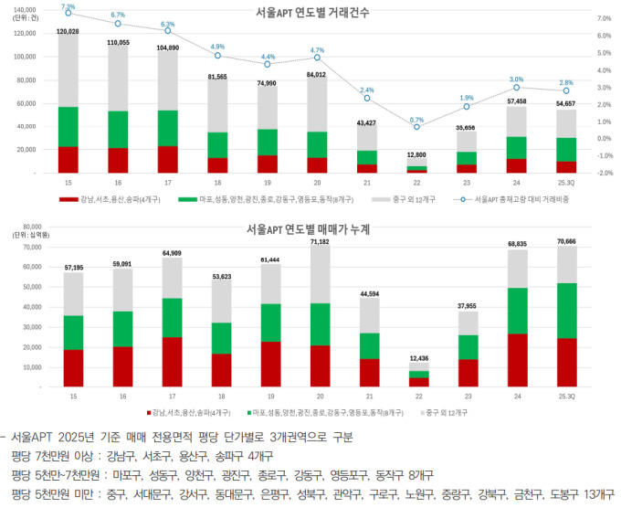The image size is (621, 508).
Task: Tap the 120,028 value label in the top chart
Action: (68, 31)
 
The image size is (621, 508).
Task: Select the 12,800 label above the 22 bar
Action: (416, 154)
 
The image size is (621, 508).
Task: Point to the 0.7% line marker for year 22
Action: (416, 126)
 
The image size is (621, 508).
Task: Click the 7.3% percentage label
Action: (68, 6)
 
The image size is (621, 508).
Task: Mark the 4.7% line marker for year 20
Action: (317, 58)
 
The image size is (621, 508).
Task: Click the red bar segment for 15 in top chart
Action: (68, 159)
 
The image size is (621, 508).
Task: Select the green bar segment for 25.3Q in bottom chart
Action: (566, 311)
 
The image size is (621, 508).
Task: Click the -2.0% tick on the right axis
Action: (603, 173)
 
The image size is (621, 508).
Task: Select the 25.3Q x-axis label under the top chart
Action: (566, 183)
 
